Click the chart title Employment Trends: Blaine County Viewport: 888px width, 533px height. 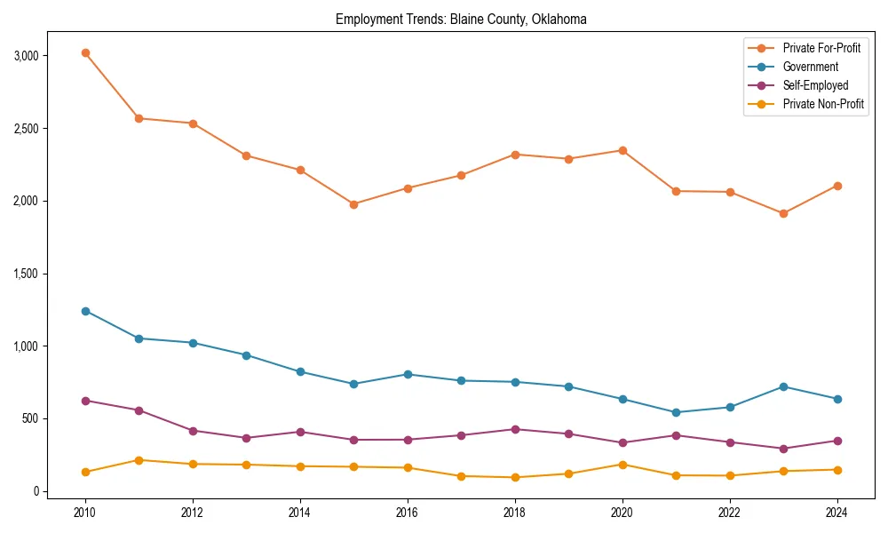click(461, 20)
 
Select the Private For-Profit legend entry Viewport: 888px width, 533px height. click(821, 48)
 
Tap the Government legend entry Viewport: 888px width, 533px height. click(810, 67)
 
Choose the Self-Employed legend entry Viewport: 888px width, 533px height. click(815, 85)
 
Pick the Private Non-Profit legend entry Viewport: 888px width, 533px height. click(823, 104)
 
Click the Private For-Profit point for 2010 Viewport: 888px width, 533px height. click(85, 53)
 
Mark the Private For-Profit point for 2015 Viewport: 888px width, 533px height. click(353, 204)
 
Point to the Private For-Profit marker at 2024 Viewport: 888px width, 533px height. click(836, 186)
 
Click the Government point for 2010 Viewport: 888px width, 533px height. click(85, 311)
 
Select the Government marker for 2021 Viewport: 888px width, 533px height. click(676, 412)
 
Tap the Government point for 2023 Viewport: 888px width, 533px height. click(783, 386)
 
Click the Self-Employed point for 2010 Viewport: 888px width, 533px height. click(85, 401)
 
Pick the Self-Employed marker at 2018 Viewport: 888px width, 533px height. click(515, 429)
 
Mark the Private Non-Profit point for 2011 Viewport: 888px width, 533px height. click(139, 460)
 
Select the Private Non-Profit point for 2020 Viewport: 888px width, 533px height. click(622, 465)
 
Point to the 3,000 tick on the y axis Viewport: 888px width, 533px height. click(26, 56)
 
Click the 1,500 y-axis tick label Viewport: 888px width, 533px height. click(26, 274)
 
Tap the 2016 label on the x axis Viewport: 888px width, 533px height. click(408, 513)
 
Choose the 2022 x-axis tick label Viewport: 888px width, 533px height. click(729, 513)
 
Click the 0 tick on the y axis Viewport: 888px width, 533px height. click(36, 491)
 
